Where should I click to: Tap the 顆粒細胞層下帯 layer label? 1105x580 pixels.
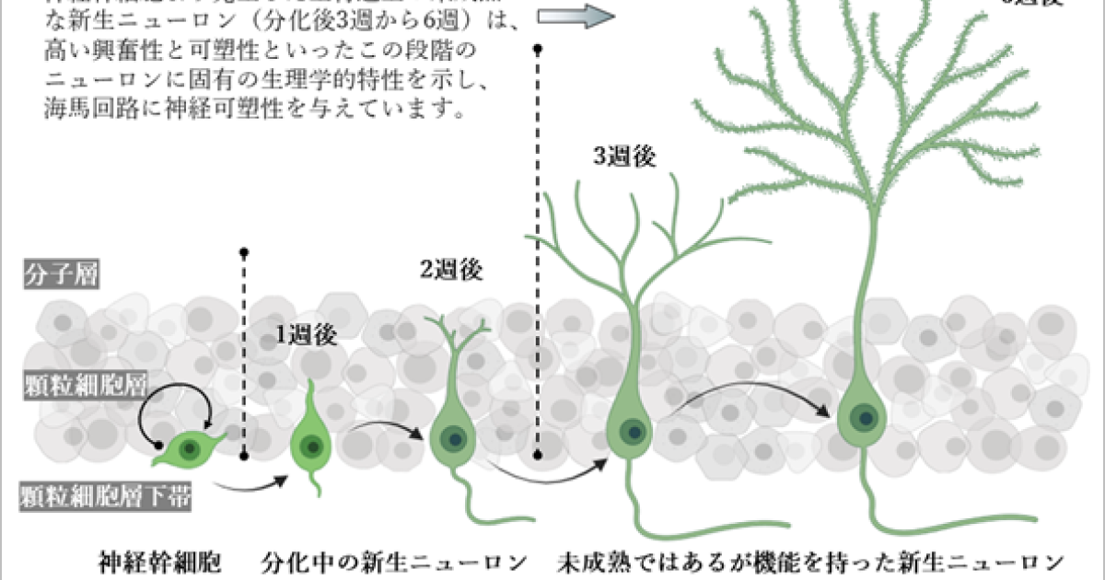click(x=106, y=498)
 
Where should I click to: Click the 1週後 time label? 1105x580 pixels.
click(x=307, y=335)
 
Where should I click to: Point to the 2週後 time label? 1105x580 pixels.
click(x=451, y=270)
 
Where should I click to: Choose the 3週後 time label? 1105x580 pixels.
click(x=624, y=157)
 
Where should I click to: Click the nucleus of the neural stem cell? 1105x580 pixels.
click(x=190, y=449)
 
